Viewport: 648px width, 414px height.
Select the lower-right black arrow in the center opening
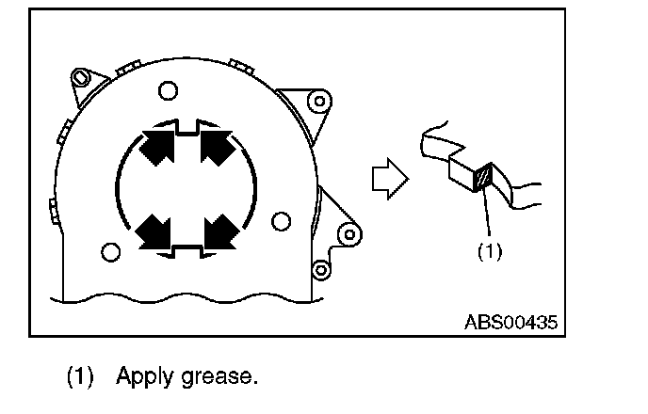point(219,230)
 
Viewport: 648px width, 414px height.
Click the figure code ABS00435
point(510,322)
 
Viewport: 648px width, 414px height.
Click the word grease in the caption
point(223,377)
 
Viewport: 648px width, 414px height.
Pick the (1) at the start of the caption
point(80,377)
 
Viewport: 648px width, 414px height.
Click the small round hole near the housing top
point(168,90)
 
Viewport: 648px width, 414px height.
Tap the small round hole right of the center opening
point(279,222)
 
